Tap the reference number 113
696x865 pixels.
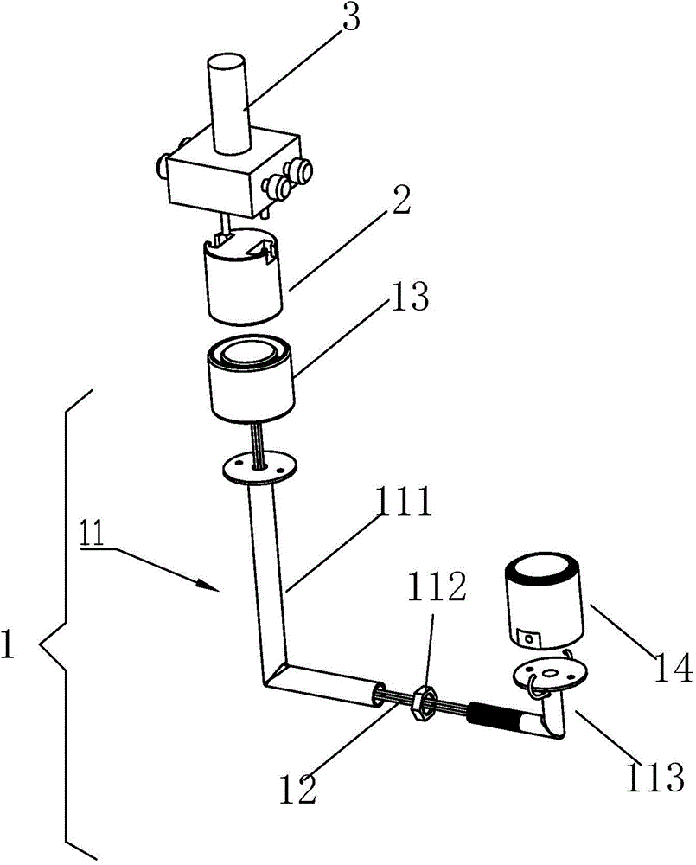click(654, 777)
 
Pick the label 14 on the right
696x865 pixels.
click(673, 668)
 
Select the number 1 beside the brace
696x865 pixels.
click(7, 644)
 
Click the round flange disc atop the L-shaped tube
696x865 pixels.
click(259, 469)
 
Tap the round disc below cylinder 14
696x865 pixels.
click(551, 676)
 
